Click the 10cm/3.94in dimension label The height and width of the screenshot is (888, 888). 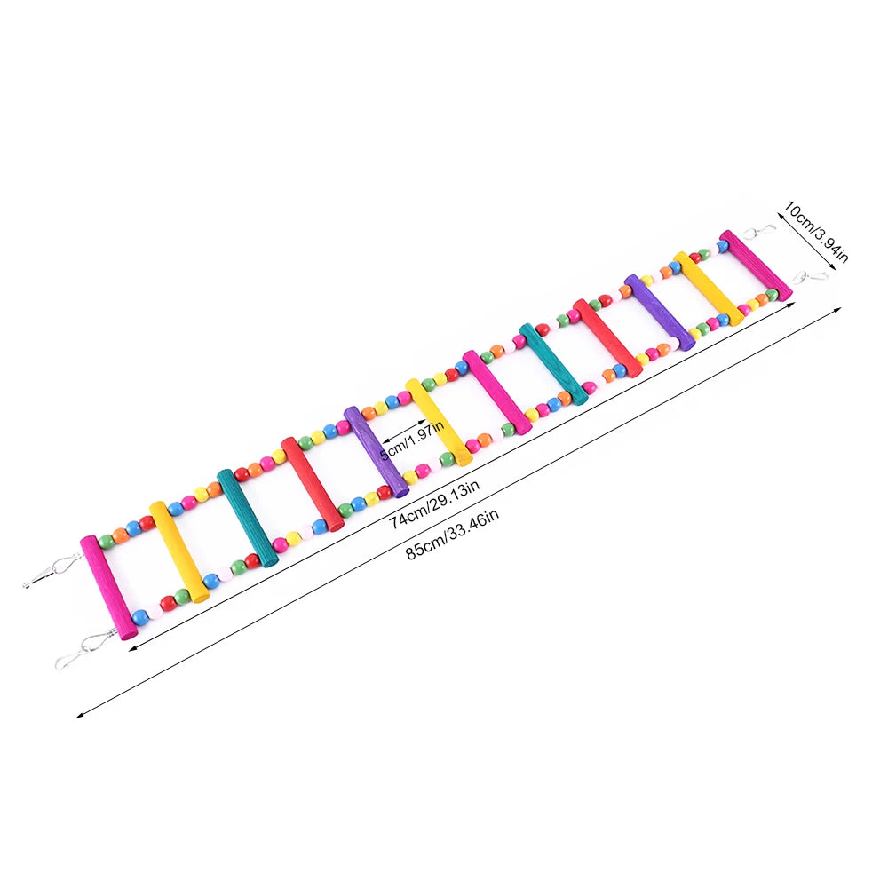[x=816, y=232]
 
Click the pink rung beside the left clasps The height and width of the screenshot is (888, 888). [x=107, y=587]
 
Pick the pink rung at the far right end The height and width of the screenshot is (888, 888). [x=755, y=265]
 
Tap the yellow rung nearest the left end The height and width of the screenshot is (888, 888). [x=178, y=551]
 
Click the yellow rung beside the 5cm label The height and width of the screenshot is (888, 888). [x=438, y=422]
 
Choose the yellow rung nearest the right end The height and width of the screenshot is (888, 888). [x=708, y=288]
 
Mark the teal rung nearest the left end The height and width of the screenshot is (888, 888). [x=247, y=518]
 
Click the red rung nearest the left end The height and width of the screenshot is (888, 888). [x=312, y=484]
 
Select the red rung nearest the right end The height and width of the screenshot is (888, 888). [x=607, y=337]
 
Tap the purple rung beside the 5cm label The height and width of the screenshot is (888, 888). [x=376, y=451]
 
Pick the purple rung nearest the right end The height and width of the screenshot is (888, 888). [x=658, y=312]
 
